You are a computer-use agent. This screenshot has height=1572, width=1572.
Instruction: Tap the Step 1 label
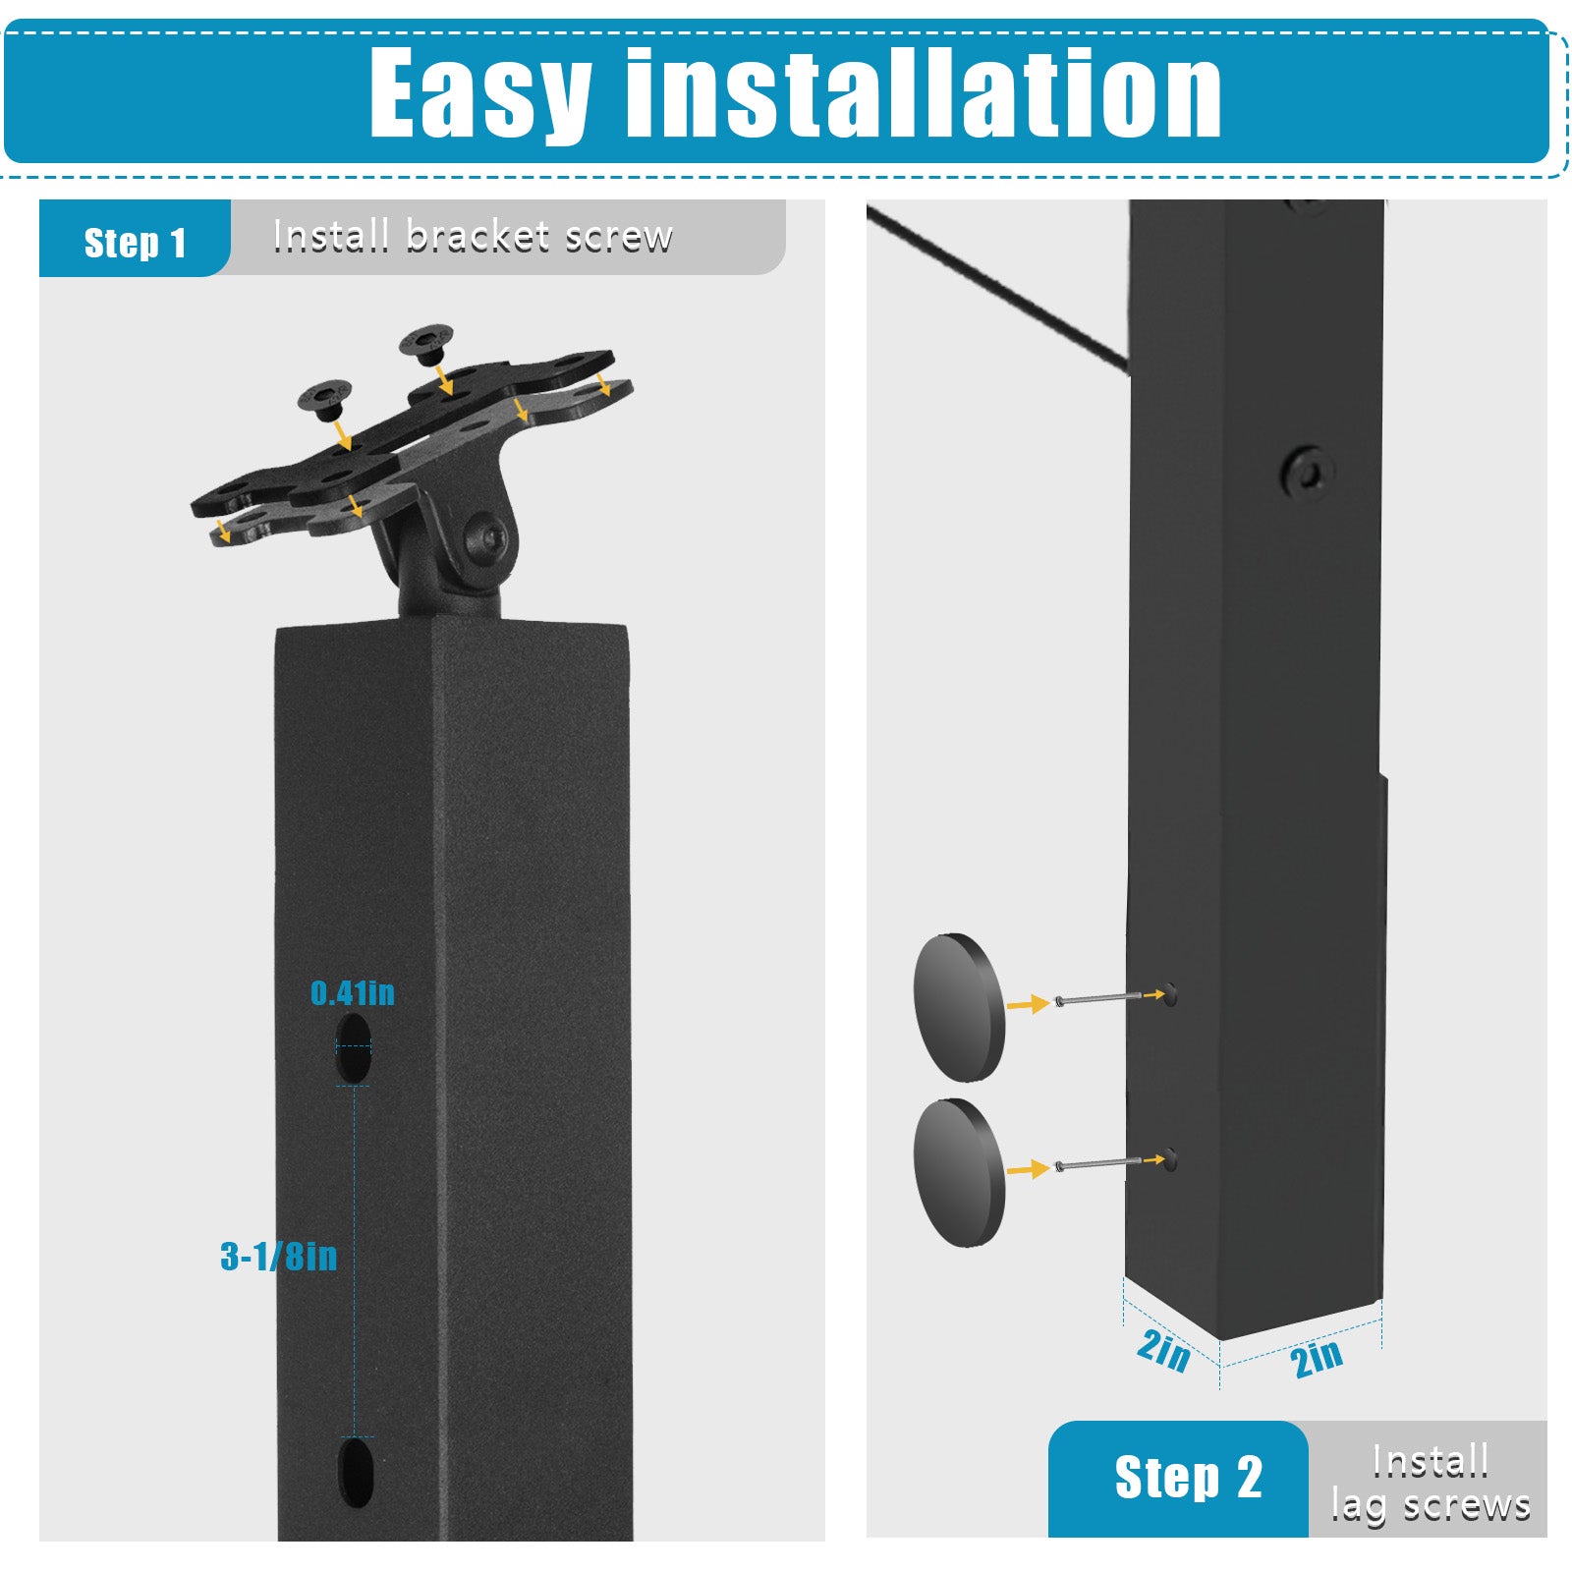click(136, 243)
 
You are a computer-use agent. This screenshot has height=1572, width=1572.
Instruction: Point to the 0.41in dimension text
click(353, 993)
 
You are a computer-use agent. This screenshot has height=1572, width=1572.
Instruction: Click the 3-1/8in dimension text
click(279, 1256)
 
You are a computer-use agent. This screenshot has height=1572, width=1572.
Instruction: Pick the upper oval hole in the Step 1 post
click(354, 1047)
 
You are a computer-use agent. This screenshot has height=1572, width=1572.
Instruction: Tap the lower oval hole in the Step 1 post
click(356, 1472)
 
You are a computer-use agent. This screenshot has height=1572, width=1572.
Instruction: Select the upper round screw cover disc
click(959, 1007)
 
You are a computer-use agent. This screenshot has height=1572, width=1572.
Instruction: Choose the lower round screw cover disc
click(959, 1173)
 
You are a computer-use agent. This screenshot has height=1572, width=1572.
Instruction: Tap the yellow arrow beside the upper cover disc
click(1028, 1004)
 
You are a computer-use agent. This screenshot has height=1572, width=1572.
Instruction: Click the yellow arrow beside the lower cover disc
click(1028, 1169)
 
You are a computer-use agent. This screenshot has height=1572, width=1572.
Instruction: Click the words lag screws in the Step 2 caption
click(1431, 1505)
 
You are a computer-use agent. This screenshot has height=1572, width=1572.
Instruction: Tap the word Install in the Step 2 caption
click(1431, 1461)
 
